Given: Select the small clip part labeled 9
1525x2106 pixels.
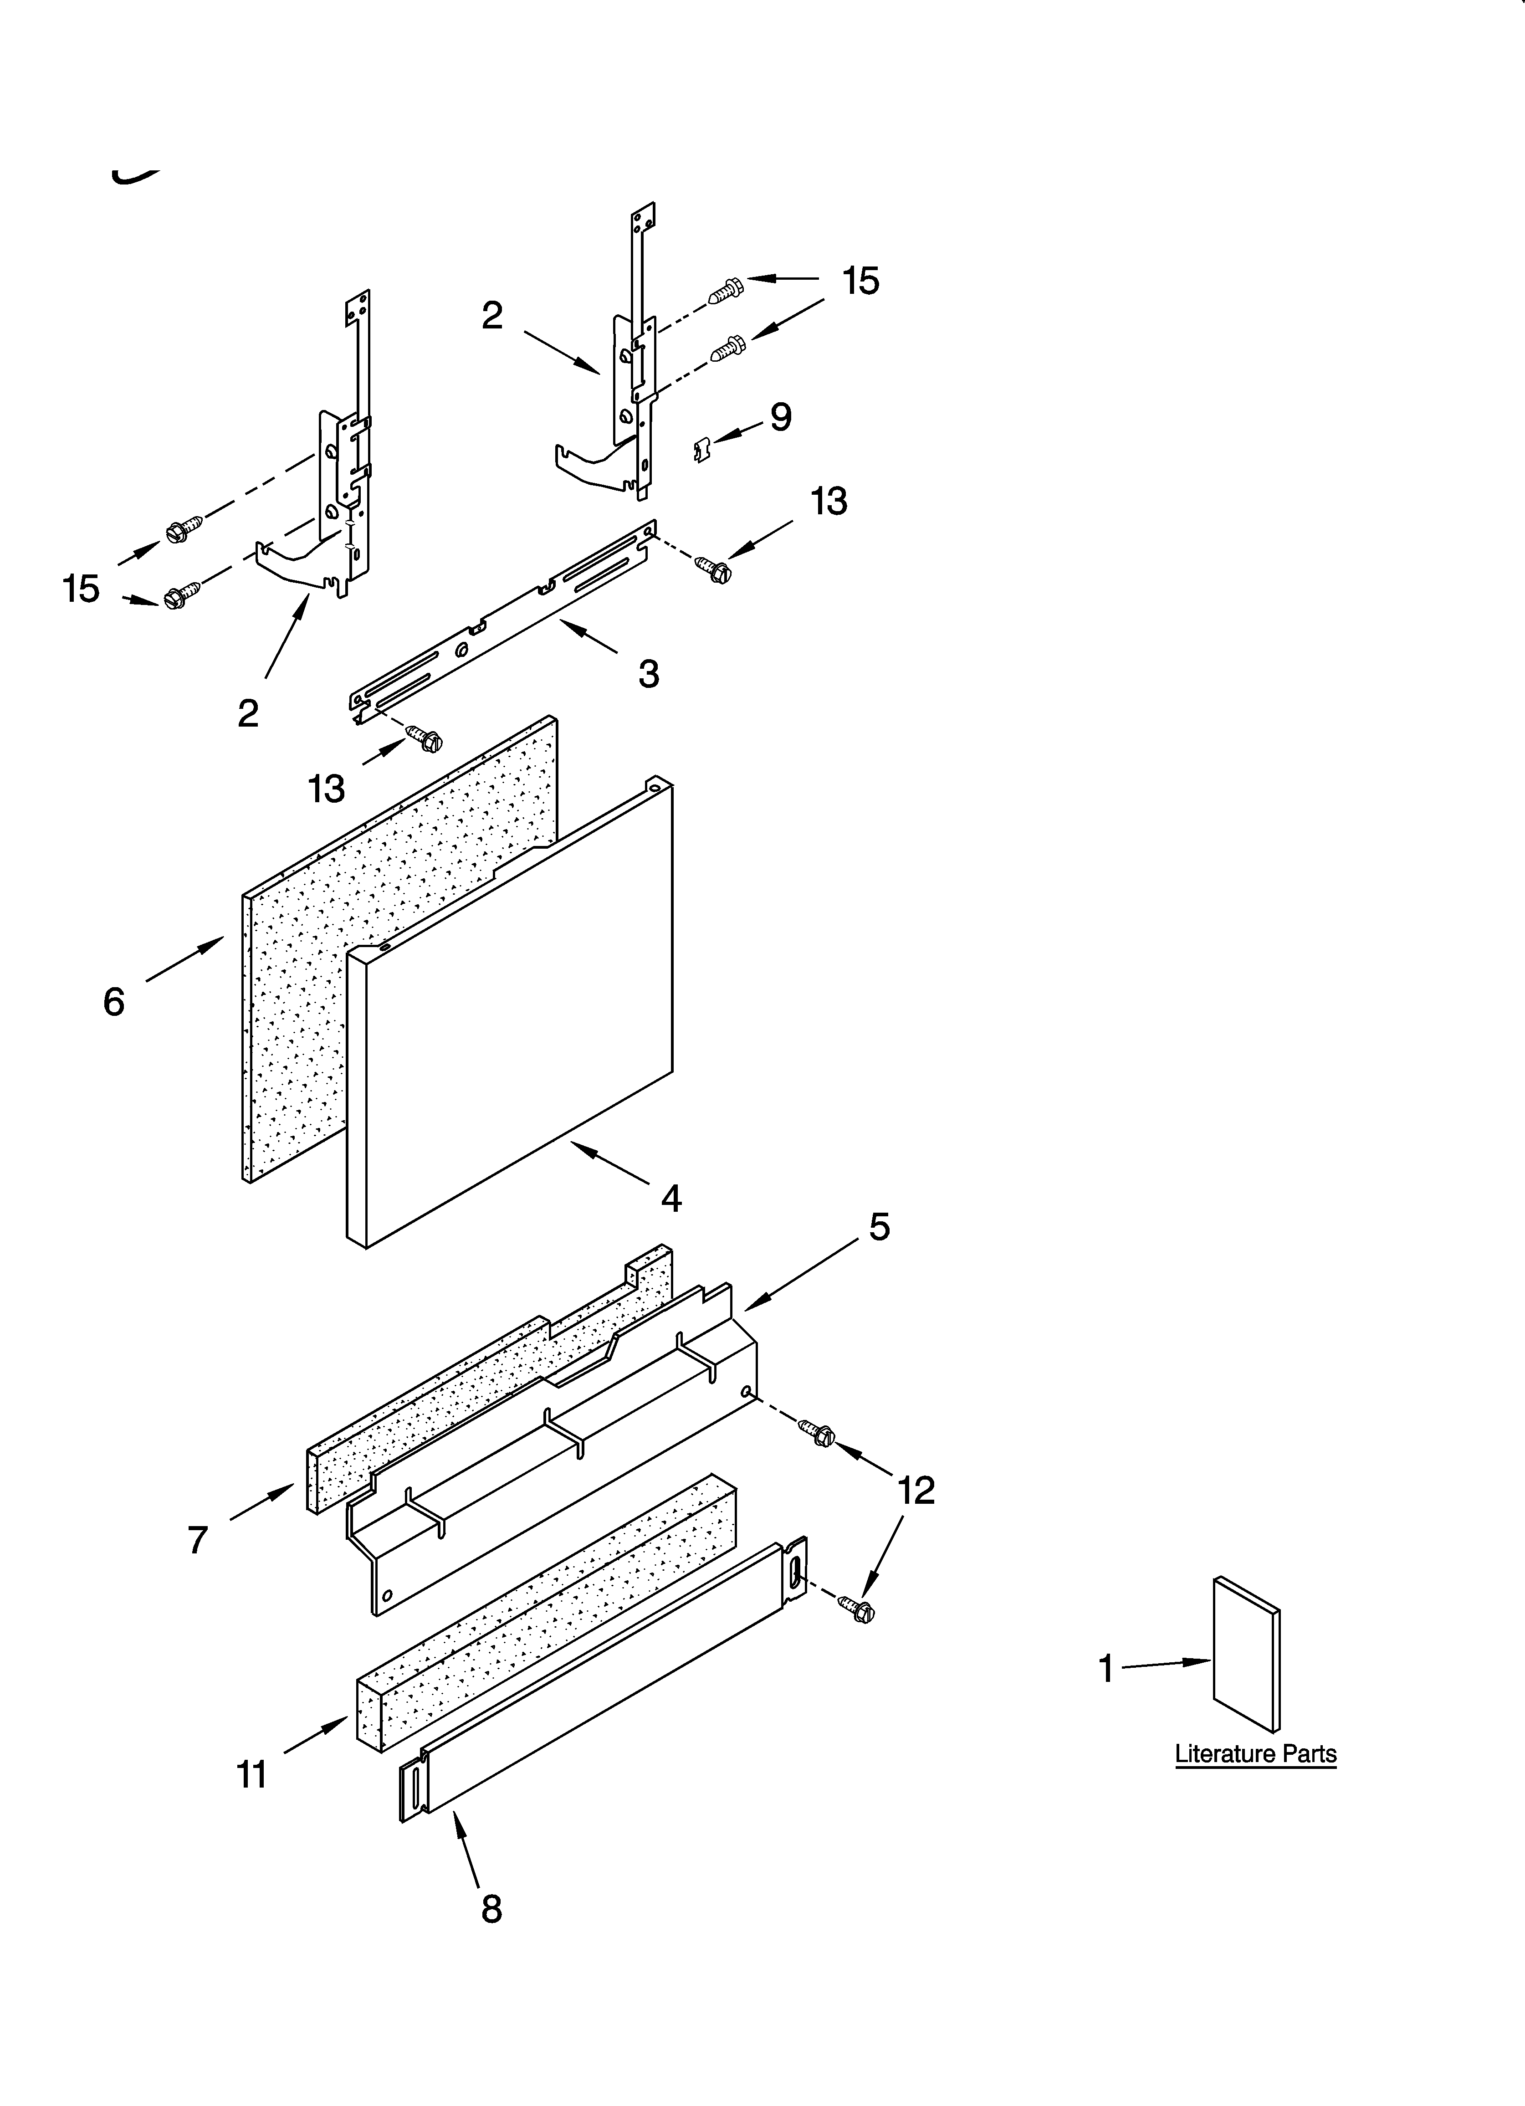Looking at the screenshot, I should click(703, 451).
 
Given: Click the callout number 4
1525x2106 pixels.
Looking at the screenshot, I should click(670, 1198).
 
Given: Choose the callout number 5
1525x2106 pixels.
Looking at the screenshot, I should click(879, 1227).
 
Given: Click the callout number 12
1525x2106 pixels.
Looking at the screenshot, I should click(916, 1491).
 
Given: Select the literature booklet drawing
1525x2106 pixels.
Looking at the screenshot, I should click(1246, 1653).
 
